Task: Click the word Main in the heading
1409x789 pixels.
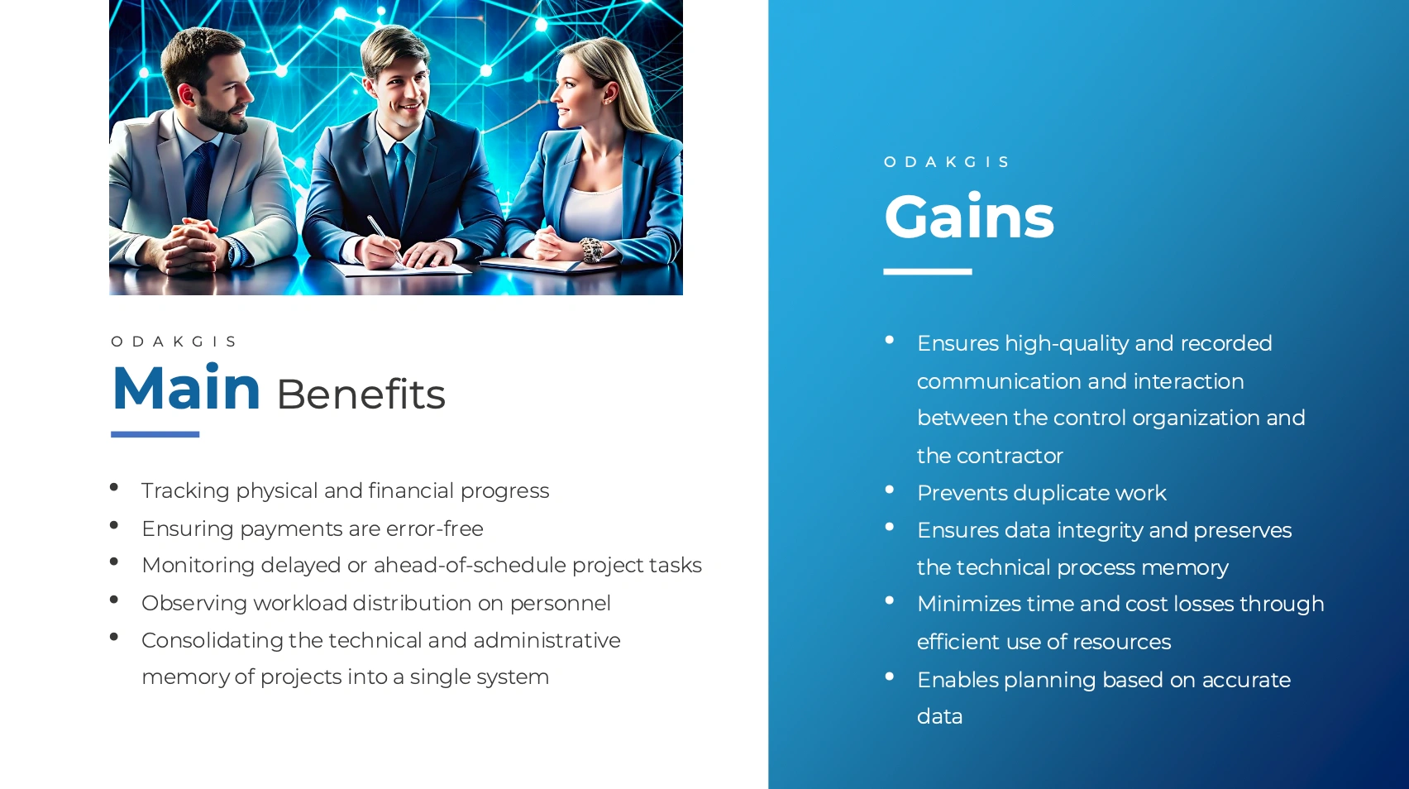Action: pyautogui.click(x=186, y=388)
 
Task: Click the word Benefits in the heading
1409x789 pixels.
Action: pyautogui.click(x=361, y=394)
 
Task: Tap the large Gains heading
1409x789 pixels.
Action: pyautogui.click(x=969, y=217)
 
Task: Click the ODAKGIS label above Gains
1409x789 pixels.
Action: pyautogui.click(x=946, y=162)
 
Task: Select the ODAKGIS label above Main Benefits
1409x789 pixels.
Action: pyautogui.click(x=174, y=342)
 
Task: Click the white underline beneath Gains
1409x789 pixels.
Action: pyautogui.click(x=928, y=272)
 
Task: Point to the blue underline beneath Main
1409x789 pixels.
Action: pyautogui.click(x=155, y=434)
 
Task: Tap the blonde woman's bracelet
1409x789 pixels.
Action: pyautogui.click(x=590, y=250)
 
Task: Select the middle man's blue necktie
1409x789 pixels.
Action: pyautogui.click(x=400, y=184)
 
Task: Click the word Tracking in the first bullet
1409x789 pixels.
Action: pyautogui.click(x=185, y=490)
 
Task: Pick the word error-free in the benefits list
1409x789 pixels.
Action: pyautogui.click(x=435, y=528)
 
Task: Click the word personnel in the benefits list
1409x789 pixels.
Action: pyautogui.click(x=560, y=604)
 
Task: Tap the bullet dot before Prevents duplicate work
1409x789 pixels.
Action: pyautogui.click(x=890, y=490)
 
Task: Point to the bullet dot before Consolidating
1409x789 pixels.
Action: pyautogui.click(x=114, y=637)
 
